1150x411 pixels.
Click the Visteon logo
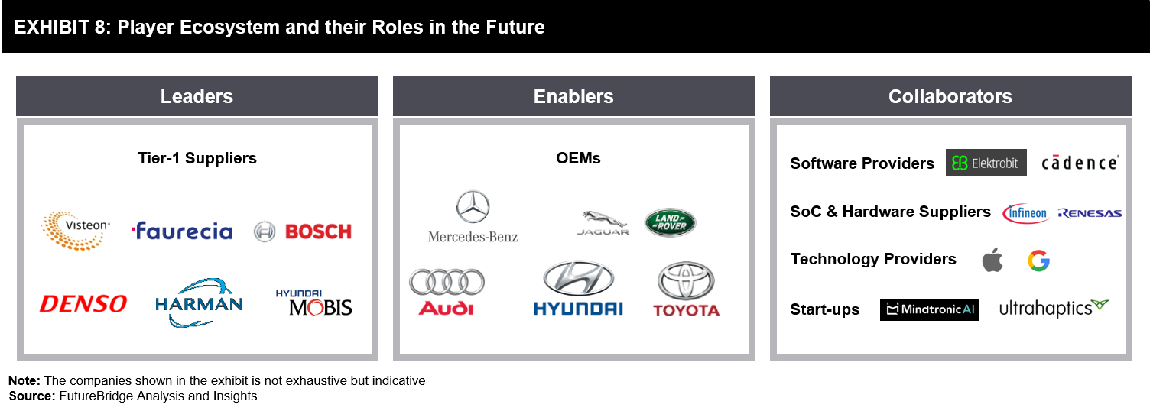tap(76, 231)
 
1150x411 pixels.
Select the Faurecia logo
tap(182, 231)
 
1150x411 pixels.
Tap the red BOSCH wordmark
tap(318, 232)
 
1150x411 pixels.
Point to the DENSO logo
tap(83, 304)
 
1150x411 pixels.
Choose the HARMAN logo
tap(199, 303)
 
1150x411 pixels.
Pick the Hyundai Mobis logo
tap(314, 303)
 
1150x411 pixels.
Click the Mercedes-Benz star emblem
tap(473, 207)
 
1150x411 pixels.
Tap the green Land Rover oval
tap(670, 222)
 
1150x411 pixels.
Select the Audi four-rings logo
tap(447, 282)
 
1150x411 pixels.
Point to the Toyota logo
tap(686, 288)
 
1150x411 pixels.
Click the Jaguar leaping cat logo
tap(603, 222)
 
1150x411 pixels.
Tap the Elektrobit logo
tap(986, 163)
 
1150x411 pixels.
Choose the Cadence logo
tap(1080, 163)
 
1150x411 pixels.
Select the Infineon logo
tap(1026, 213)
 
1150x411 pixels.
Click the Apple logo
tap(992, 261)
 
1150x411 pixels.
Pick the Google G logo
tap(1038, 261)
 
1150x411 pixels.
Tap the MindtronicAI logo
tap(930, 309)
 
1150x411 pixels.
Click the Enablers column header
tap(573, 96)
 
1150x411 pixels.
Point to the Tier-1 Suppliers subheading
tap(197, 158)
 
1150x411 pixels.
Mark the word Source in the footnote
tap(32, 396)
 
